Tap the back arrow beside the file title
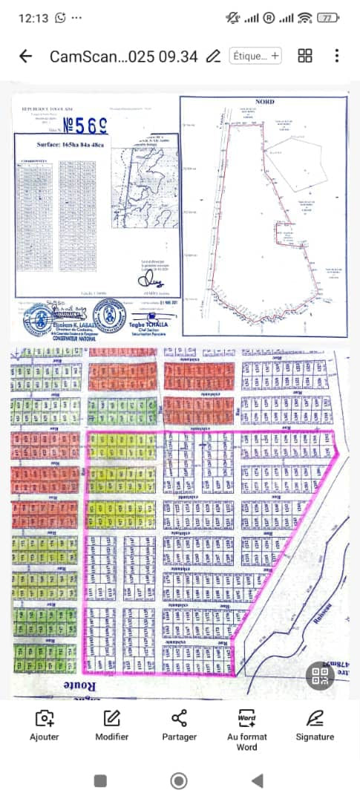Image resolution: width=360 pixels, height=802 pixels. click(x=26, y=56)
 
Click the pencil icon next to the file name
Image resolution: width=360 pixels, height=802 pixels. click(x=213, y=56)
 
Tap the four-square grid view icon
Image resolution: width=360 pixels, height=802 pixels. click(x=304, y=56)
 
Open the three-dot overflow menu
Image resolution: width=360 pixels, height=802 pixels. click(x=336, y=56)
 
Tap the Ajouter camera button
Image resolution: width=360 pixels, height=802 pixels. click(x=44, y=725)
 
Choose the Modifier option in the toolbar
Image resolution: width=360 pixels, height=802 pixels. click(x=111, y=725)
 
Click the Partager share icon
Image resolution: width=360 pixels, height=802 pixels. click(x=179, y=725)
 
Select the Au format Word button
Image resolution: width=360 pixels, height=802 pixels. click(x=246, y=729)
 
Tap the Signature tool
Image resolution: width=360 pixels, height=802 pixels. click(x=315, y=725)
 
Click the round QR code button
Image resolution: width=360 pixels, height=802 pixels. click(x=321, y=676)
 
